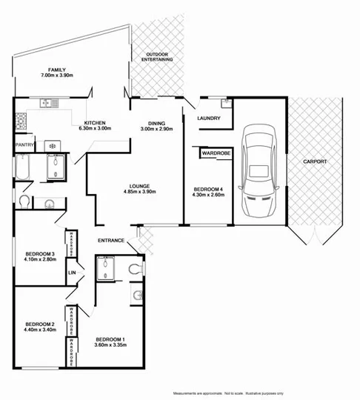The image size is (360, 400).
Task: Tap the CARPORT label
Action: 314,161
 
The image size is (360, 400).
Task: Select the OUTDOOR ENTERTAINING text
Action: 159,56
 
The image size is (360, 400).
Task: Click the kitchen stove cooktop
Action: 54,146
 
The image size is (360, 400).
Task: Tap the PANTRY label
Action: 24,145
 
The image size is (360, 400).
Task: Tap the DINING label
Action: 156,123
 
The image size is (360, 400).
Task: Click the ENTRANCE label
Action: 111,241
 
